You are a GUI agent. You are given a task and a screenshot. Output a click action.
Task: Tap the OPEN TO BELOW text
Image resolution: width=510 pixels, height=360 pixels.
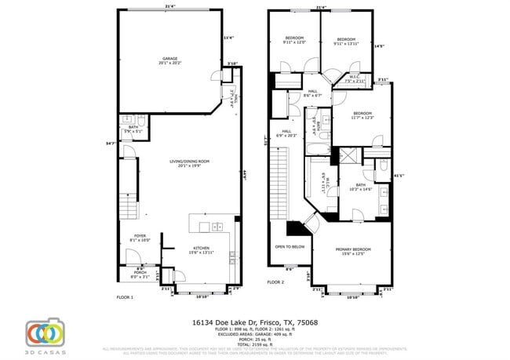pyautogui.click(x=290, y=246)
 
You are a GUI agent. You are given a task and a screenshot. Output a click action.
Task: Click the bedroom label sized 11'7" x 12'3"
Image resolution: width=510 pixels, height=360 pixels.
pyautogui.click(x=362, y=115)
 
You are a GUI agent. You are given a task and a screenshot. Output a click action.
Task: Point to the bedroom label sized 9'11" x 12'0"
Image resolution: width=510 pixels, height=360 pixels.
pyautogui.click(x=294, y=41)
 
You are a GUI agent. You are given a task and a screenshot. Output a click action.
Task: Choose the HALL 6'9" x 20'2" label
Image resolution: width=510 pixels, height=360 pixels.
pyautogui.click(x=286, y=133)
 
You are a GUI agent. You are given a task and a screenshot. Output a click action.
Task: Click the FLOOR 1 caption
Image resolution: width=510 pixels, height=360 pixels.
pyautogui.click(x=125, y=297)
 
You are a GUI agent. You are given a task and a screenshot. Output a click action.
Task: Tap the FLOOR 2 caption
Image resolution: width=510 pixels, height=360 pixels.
pyautogui.click(x=275, y=282)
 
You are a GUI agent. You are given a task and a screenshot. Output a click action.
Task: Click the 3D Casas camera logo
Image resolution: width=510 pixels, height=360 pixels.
pyautogui.click(x=45, y=333)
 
